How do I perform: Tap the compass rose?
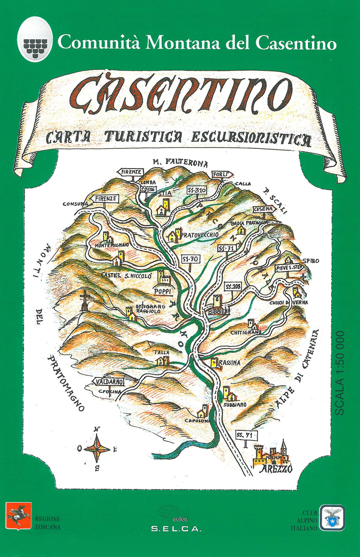[x=96, y=449]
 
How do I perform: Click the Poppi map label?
[x=163, y=291]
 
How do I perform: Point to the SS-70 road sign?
[x=190, y=259]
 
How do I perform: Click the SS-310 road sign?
[x=197, y=190]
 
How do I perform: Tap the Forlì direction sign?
[x=221, y=175]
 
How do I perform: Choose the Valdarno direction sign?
[x=109, y=382]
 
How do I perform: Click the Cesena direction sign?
[x=264, y=209]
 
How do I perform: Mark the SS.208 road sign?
[x=233, y=287]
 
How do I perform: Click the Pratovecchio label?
[x=200, y=235]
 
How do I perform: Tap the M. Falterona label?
[x=180, y=162]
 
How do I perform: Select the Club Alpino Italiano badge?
[x=332, y=518]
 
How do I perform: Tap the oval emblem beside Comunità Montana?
[x=35, y=40]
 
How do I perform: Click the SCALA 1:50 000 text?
[x=340, y=373]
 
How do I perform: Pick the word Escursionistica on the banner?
[x=251, y=139]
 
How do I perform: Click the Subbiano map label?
[x=235, y=405]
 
